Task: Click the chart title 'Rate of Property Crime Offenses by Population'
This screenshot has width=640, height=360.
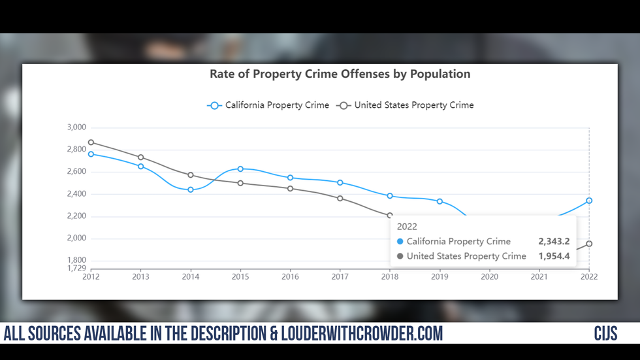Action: pyautogui.click(x=340, y=74)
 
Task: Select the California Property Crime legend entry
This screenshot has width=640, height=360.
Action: pyautogui.click(x=269, y=105)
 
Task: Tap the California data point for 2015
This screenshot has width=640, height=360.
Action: pyautogui.click(x=240, y=169)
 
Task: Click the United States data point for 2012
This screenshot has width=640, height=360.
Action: pyautogui.click(x=91, y=142)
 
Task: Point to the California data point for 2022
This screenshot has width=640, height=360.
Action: pyautogui.click(x=589, y=201)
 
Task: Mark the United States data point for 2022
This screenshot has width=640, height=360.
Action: pyautogui.click(x=589, y=244)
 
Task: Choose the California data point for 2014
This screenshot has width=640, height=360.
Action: pyautogui.click(x=191, y=189)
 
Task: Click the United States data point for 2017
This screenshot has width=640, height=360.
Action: pyautogui.click(x=340, y=198)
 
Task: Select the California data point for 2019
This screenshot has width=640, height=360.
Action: pyautogui.click(x=440, y=201)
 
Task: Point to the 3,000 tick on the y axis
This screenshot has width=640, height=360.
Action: pyautogui.click(x=76, y=127)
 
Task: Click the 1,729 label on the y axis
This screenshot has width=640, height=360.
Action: pyautogui.click(x=76, y=269)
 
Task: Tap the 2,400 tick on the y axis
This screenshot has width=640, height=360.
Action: pyautogui.click(x=76, y=194)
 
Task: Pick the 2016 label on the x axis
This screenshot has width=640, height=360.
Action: pyautogui.click(x=290, y=277)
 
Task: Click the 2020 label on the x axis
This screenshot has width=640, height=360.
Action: pyautogui.click(x=490, y=277)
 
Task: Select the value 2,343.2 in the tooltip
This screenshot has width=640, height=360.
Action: pyautogui.click(x=554, y=242)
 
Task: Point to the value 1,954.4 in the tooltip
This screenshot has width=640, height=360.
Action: pyautogui.click(x=554, y=256)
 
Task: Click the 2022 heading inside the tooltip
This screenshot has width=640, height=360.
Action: pyautogui.click(x=407, y=227)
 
